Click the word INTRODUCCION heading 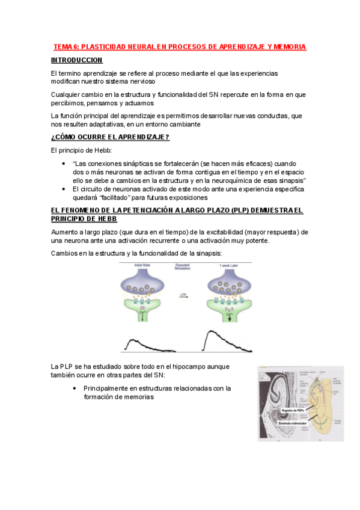77,60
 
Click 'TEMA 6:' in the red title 66,46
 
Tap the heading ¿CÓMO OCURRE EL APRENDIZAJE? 110,137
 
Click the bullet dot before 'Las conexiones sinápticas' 64,163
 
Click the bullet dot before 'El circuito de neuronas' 64,189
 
